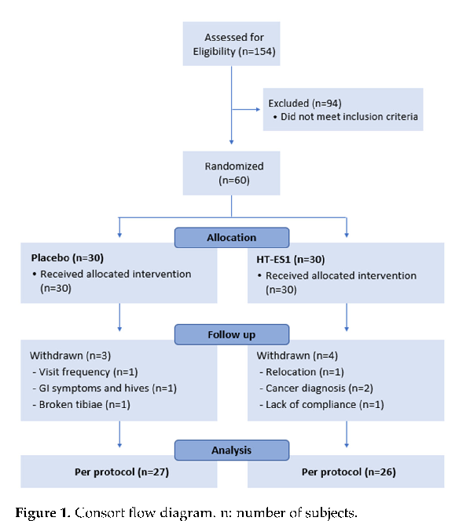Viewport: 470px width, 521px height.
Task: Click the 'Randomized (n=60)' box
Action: pos(232,173)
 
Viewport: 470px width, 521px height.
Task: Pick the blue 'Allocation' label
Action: pos(232,236)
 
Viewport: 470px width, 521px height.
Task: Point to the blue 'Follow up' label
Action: pos(232,334)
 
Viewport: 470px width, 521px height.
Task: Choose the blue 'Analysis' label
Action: pos(232,450)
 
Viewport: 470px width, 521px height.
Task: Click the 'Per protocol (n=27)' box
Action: pos(119,474)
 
